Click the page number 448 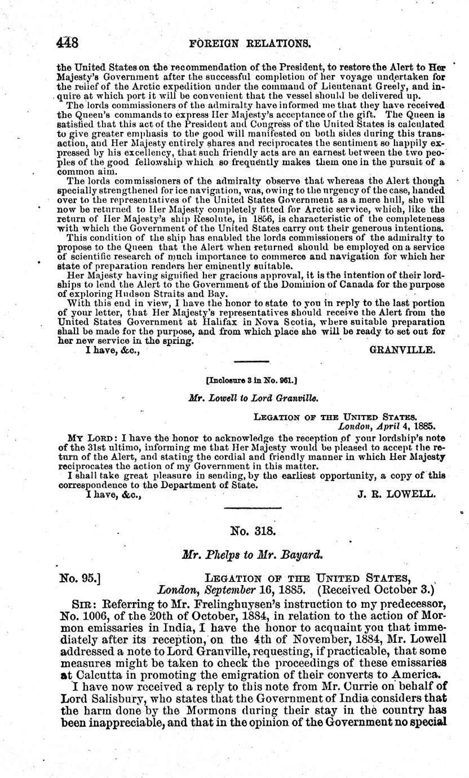[x=68, y=43]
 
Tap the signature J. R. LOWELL [x=396, y=494]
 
